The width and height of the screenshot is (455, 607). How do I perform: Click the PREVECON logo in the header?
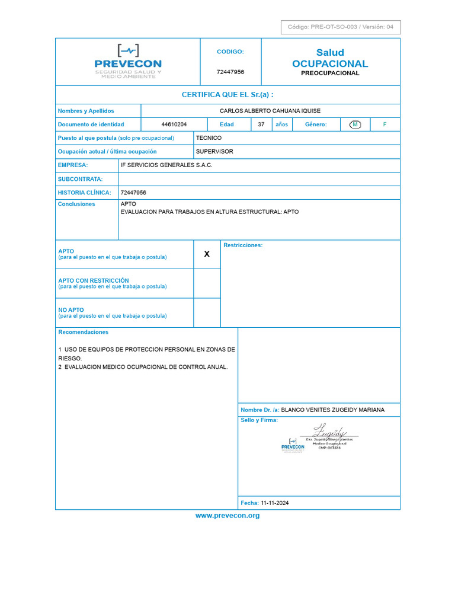click(x=128, y=62)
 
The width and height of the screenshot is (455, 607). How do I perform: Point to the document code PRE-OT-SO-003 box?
click(x=340, y=27)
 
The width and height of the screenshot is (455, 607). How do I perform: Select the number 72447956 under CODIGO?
click(x=230, y=72)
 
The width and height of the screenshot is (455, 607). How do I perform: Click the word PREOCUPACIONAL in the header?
click(x=330, y=74)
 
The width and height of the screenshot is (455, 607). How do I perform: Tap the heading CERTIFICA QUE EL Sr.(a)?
click(x=227, y=95)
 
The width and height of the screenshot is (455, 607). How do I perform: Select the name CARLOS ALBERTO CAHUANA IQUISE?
click(x=270, y=111)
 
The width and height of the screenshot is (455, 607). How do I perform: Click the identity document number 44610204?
click(x=174, y=124)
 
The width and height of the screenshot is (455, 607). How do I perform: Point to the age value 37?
click(x=261, y=124)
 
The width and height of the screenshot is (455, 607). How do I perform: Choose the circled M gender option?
click(x=355, y=124)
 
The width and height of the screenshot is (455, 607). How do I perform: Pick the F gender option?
click(x=384, y=124)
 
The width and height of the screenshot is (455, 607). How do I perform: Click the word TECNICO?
click(x=209, y=138)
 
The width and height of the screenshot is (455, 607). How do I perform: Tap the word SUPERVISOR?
click(x=214, y=152)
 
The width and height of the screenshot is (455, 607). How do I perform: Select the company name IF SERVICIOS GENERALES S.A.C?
click(x=166, y=165)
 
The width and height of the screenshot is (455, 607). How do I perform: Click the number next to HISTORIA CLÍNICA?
click(x=133, y=193)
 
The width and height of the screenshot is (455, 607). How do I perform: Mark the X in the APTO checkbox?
click(x=207, y=254)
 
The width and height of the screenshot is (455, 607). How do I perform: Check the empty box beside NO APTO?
click(x=207, y=312)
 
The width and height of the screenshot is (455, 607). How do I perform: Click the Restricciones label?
click(x=243, y=245)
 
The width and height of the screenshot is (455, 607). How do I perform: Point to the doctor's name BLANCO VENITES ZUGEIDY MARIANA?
click(x=332, y=410)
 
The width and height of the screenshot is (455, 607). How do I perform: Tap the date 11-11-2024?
click(x=274, y=503)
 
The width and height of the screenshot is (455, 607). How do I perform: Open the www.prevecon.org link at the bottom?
click(x=227, y=516)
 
